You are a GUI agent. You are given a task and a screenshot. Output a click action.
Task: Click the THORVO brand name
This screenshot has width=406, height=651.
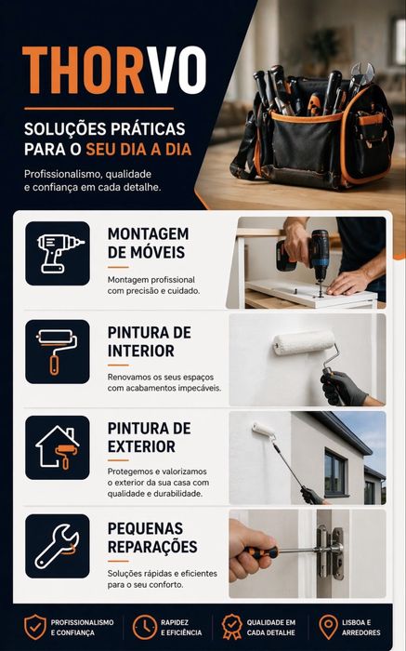114,70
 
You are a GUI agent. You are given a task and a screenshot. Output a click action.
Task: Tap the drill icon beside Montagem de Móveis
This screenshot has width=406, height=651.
59,253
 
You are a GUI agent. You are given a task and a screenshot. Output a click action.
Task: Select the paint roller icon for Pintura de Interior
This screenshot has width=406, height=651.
58,352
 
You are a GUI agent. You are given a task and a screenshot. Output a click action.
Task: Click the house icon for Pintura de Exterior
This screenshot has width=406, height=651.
58,447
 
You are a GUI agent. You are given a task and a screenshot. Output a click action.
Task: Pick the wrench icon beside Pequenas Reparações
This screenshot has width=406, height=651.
57,546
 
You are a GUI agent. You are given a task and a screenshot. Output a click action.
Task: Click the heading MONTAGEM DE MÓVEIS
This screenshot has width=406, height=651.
148,243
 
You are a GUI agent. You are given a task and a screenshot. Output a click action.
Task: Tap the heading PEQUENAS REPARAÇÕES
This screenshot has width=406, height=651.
152,538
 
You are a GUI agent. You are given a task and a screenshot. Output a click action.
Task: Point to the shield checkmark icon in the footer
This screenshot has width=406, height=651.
34,627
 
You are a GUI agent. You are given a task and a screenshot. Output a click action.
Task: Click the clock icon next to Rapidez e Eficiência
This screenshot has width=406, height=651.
144,627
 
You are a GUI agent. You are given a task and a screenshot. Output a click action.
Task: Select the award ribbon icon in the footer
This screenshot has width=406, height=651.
231,627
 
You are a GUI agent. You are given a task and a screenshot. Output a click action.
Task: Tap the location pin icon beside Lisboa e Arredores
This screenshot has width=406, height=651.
328,627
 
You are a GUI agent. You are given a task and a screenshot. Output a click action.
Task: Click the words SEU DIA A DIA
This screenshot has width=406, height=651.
138,150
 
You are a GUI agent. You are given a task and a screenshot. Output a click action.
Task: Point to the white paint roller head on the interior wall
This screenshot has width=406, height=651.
304,342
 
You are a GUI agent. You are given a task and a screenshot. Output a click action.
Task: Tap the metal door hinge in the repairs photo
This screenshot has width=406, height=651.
330,552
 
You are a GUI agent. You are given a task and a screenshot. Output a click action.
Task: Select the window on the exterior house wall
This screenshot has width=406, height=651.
335,473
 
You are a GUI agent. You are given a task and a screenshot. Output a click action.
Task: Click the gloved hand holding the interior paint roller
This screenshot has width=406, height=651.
342,388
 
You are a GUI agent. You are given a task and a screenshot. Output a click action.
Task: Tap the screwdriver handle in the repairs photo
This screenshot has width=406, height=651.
261,551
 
